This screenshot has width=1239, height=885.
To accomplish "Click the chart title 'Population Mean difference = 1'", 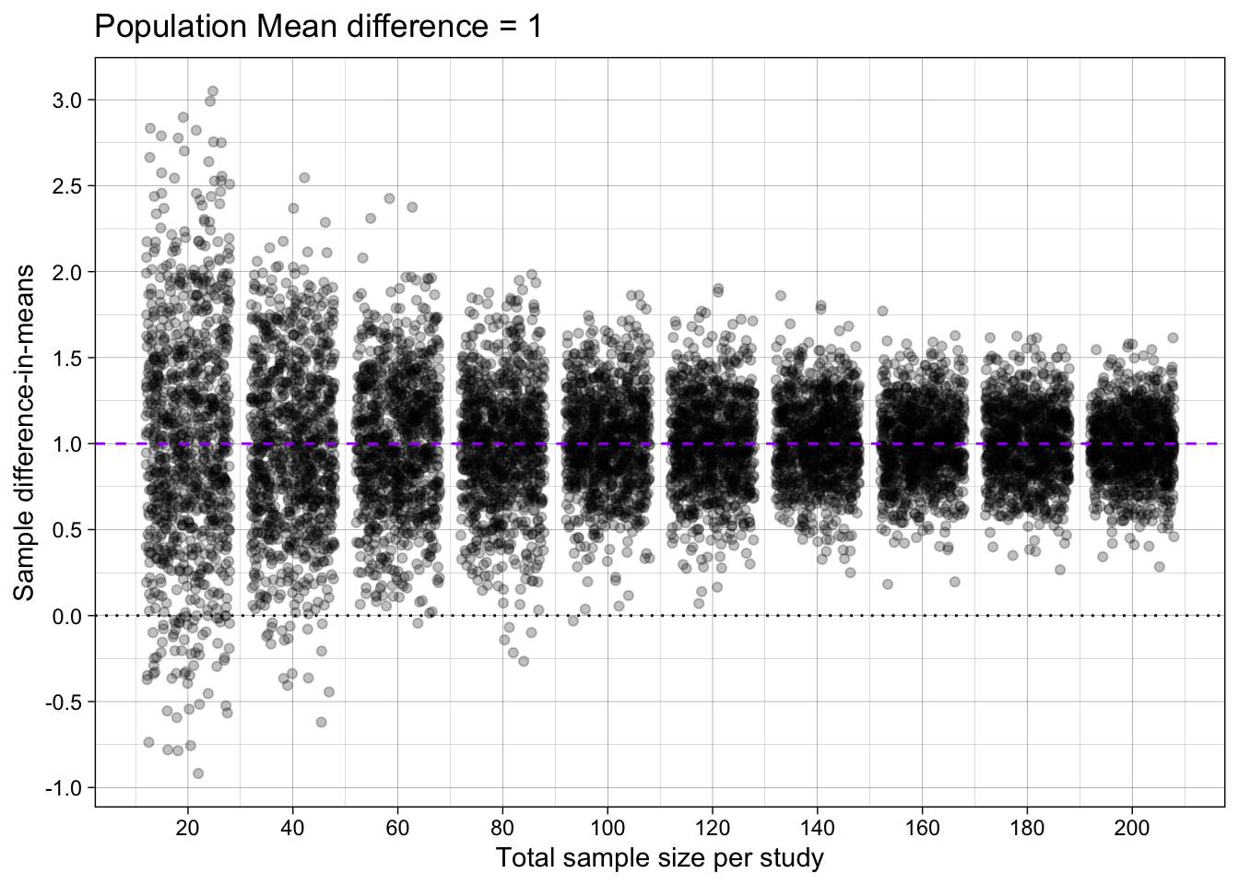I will (x=318, y=27).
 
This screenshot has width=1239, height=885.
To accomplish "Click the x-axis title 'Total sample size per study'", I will (x=659, y=858).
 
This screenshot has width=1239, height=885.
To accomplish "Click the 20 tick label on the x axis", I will (x=187, y=828).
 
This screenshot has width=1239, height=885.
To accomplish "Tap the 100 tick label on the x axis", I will (x=607, y=828).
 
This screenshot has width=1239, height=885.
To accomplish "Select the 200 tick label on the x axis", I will (x=1132, y=828).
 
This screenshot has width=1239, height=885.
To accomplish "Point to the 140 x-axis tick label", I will (x=817, y=828).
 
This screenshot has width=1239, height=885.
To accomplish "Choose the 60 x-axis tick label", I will (x=397, y=828).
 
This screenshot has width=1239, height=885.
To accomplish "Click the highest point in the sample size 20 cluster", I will (x=212, y=91).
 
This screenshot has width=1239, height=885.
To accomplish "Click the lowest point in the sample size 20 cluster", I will (x=197, y=773).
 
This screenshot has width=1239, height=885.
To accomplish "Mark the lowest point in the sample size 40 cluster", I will (x=321, y=722).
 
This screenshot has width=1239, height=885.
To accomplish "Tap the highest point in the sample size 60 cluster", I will (x=389, y=198).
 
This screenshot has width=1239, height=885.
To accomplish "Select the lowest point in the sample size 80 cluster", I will (x=524, y=661).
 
